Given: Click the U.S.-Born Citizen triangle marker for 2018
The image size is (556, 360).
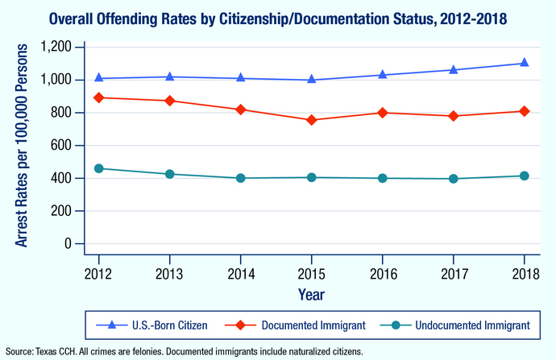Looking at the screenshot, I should click(525, 63).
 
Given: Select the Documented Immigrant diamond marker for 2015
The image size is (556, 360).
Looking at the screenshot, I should click(312, 120).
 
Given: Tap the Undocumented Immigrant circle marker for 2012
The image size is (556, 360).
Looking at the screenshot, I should click(98, 168).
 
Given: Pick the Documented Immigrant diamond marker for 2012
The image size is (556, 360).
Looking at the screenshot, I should click(98, 97).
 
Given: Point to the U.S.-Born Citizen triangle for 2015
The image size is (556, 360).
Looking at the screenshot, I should click(312, 80).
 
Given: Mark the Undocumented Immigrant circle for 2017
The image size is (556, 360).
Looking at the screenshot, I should click(454, 179).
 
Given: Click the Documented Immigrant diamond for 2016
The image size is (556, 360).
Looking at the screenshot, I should click(383, 113).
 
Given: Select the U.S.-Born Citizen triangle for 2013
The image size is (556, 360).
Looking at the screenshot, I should click(169, 77).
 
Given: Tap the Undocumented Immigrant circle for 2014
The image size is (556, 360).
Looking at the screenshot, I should click(241, 178).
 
